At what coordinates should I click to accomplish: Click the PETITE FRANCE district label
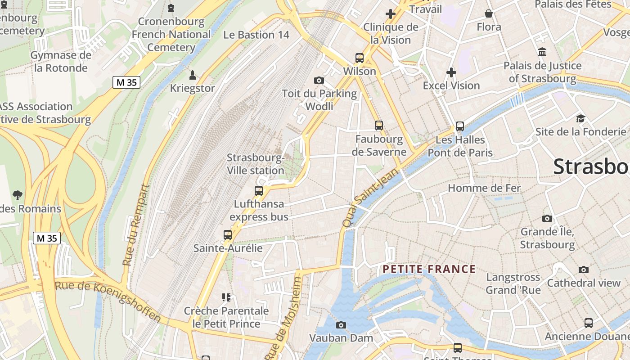click(x=429, y=270)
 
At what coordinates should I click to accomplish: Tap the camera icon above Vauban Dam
click(x=341, y=325)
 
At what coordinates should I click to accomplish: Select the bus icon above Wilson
click(x=359, y=58)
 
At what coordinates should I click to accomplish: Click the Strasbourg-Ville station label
click(x=256, y=164)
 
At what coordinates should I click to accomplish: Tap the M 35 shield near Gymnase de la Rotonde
click(x=126, y=82)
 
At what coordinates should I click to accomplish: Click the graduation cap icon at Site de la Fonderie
click(x=580, y=118)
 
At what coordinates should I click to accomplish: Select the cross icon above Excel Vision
click(x=451, y=72)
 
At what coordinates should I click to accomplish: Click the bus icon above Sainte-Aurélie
click(x=228, y=235)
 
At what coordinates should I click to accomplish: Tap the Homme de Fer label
click(x=484, y=188)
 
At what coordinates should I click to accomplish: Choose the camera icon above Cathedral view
click(x=584, y=270)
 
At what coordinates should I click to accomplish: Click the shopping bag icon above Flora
click(x=489, y=13)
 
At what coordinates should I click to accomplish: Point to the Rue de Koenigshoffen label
click(x=108, y=301)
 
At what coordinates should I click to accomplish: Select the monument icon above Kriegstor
click(x=193, y=75)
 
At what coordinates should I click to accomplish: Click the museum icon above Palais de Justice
click(x=542, y=52)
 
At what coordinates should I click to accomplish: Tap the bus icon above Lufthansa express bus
click(x=259, y=191)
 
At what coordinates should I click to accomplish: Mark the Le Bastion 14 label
click(x=256, y=35)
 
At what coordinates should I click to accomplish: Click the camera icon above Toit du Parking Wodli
click(x=319, y=80)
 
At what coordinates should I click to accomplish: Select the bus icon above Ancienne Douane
click(x=588, y=323)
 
